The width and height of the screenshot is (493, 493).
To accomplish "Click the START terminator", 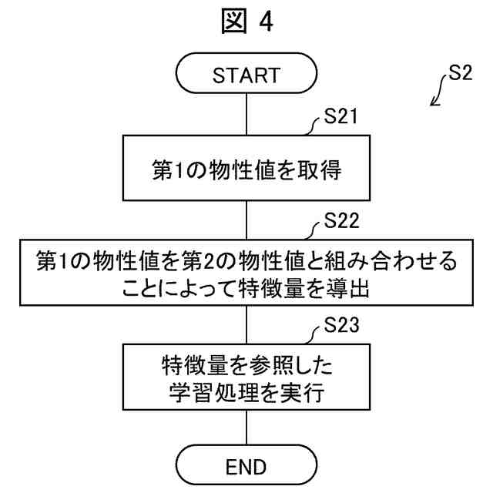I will pos(246,75).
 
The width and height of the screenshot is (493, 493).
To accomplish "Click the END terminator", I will pos(246,465).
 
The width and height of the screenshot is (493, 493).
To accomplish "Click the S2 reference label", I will pos(461,78).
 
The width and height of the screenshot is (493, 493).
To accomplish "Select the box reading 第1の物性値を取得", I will pos(246,169).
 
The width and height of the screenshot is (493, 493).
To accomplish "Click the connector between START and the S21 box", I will pos(246,116).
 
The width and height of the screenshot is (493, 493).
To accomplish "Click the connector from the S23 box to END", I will pos(246,426).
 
